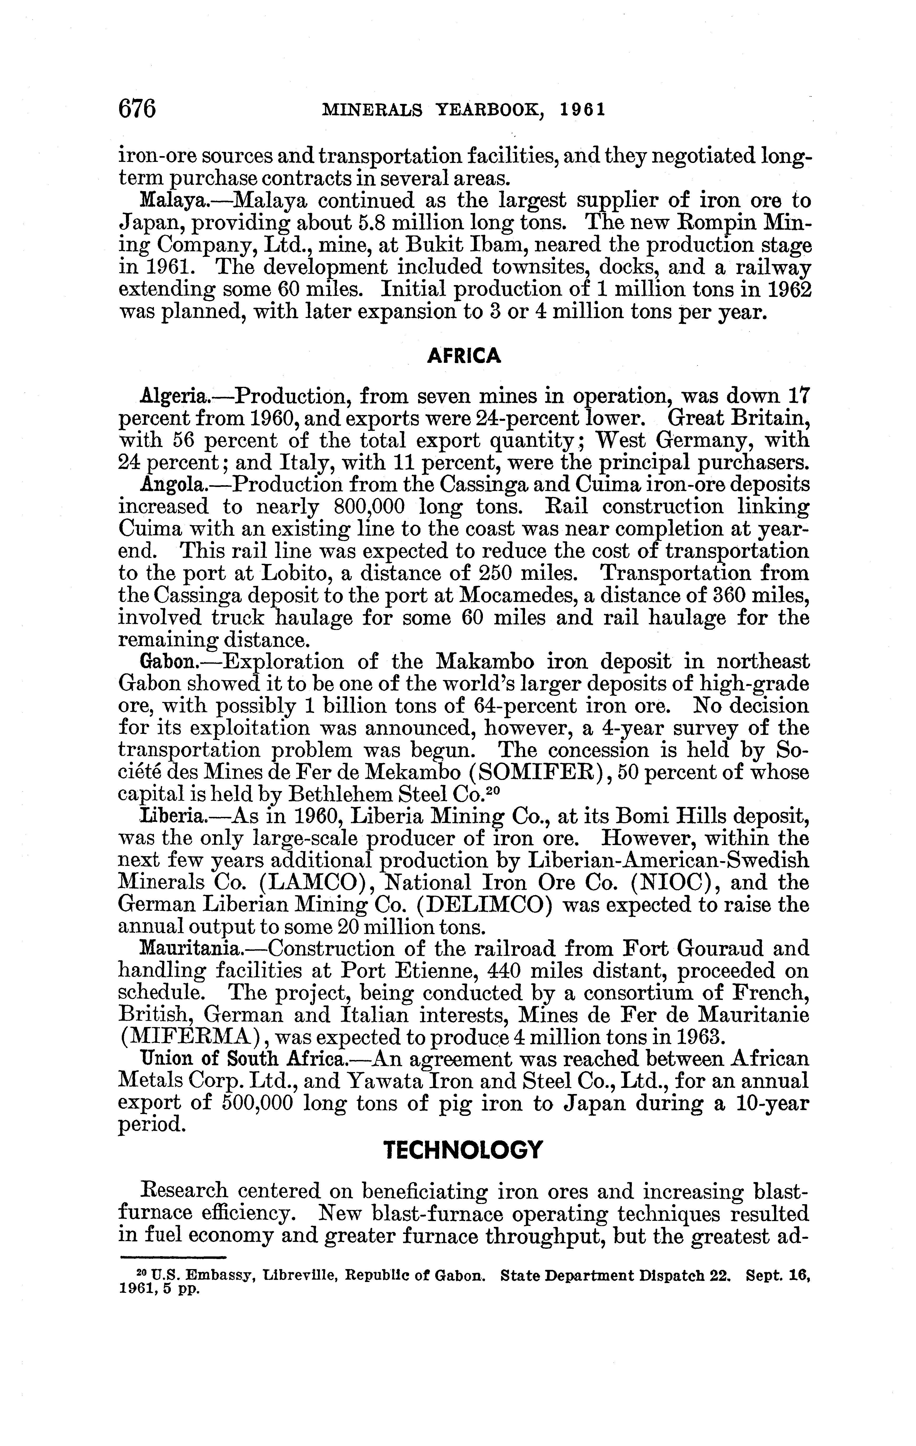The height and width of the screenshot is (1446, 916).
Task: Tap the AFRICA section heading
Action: (463, 356)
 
